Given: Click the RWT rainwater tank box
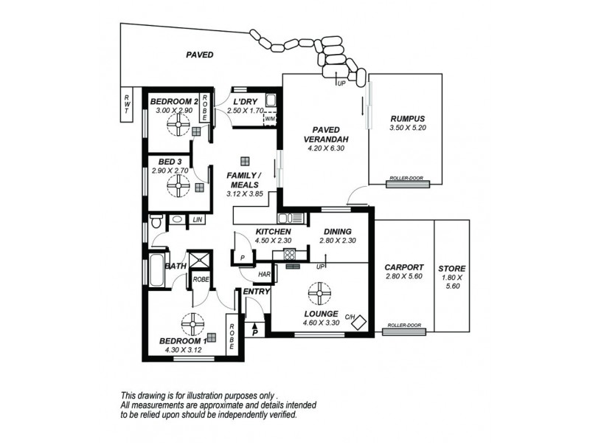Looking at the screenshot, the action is click(x=126, y=105).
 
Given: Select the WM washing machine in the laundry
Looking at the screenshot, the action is click(x=270, y=118).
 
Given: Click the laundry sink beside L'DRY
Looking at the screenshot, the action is click(x=271, y=100).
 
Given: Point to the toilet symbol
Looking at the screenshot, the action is click(x=156, y=221).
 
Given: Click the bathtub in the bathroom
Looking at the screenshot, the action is click(x=157, y=270).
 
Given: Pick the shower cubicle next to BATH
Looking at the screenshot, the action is click(x=199, y=259).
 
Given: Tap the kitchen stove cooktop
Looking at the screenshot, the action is click(x=290, y=254).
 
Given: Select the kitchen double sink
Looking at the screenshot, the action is click(x=290, y=218).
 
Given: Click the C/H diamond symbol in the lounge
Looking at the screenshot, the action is click(x=358, y=323).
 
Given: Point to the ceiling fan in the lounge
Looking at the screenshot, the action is click(x=320, y=293).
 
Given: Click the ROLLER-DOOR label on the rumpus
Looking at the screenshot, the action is click(x=406, y=178).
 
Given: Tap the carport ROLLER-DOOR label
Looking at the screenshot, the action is click(x=404, y=325).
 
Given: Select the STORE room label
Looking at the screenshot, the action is click(x=451, y=269).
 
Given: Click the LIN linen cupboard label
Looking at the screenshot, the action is click(x=197, y=219).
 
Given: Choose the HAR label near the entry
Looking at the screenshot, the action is click(x=264, y=274).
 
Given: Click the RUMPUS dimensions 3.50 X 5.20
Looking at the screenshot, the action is click(x=408, y=128).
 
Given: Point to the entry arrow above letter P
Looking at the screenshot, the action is click(x=254, y=326).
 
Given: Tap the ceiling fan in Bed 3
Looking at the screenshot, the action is click(x=178, y=185).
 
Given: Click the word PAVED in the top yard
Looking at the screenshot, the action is click(x=200, y=55).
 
